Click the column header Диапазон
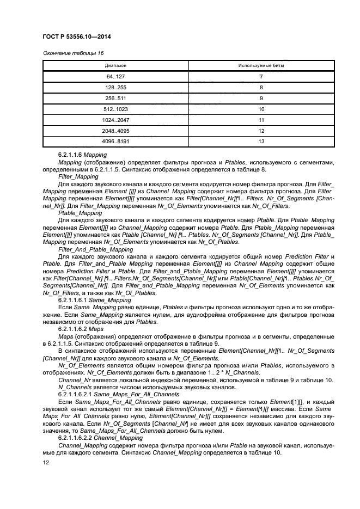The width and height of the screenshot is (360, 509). (115, 65)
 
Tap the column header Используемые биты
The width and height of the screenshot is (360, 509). (261, 65)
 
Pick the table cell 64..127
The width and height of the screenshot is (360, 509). (115, 77)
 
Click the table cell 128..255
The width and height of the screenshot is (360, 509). (115, 87)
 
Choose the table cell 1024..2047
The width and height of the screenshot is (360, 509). (115, 120)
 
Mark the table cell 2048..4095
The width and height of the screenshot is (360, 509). (115, 131)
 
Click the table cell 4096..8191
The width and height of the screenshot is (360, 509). (115, 142)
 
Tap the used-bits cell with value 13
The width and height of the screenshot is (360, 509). (261, 142)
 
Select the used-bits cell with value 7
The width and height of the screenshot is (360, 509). (261, 77)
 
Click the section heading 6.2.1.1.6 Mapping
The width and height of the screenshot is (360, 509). (83, 155)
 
